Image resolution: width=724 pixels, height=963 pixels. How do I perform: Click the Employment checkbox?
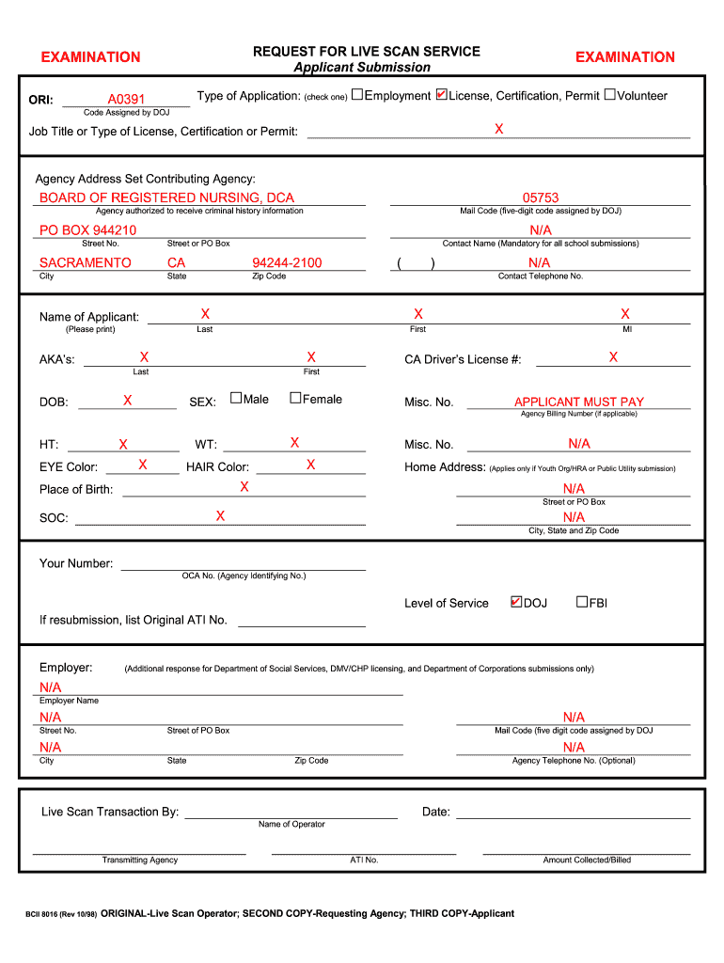357,95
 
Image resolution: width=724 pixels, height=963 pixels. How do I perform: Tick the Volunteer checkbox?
609,95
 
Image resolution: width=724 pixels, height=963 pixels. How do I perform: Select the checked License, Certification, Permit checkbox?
442,95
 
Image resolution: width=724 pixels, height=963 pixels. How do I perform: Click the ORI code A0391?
126,100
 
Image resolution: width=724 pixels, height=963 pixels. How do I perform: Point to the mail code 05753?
541,197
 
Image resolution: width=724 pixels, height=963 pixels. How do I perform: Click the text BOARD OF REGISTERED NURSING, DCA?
166,197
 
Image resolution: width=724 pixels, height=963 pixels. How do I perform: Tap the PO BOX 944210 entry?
87,230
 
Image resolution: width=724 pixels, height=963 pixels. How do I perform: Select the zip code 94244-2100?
287,263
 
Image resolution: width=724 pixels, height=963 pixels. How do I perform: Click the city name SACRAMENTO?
86,263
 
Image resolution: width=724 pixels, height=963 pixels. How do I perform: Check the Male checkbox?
236,399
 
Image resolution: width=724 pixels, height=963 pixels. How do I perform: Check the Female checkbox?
294,399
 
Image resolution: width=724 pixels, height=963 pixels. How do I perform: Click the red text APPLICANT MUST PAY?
579,402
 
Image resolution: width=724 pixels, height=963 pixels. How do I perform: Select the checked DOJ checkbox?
515,602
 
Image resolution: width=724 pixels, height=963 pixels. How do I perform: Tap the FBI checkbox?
581,602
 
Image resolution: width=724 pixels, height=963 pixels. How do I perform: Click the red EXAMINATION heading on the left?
90,57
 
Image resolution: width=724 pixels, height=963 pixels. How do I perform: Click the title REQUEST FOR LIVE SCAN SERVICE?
367,52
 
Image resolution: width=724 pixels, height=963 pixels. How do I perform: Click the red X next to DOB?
127,401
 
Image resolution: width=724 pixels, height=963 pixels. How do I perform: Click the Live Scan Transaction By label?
110,812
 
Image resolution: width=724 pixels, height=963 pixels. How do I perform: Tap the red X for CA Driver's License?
613,357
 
